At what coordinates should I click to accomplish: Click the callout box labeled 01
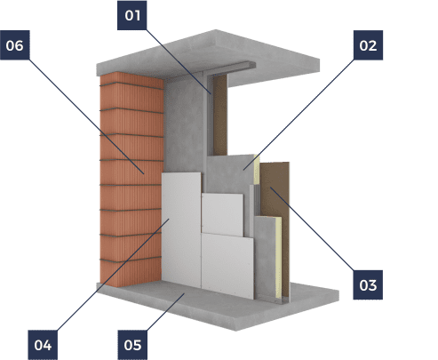click(x=132, y=15)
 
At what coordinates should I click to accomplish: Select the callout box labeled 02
click(x=368, y=45)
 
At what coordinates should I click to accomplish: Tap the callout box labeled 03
click(x=368, y=284)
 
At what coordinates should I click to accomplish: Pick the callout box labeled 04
click(x=43, y=345)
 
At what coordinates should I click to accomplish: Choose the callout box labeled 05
click(x=132, y=345)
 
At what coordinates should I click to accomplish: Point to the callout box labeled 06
click(x=15, y=45)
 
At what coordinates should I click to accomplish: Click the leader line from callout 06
click(x=86, y=116)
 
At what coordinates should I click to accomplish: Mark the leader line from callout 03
click(x=312, y=228)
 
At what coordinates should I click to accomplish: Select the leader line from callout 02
click(x=299, y=115)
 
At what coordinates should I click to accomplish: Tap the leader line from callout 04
click(x=113, y=275)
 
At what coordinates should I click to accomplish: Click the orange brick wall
click(x=131, y=180)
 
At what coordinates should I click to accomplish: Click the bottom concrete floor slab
click(x=218, y=304)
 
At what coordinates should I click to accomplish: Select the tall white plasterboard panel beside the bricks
click(x=181, y=230)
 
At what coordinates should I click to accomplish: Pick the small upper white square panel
click(x=223, y=214)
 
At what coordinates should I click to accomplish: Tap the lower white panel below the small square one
click(x=227, y=266)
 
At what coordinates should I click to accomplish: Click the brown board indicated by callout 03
click(x=275, y=228)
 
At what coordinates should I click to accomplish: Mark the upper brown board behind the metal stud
click(x=220, y=115)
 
